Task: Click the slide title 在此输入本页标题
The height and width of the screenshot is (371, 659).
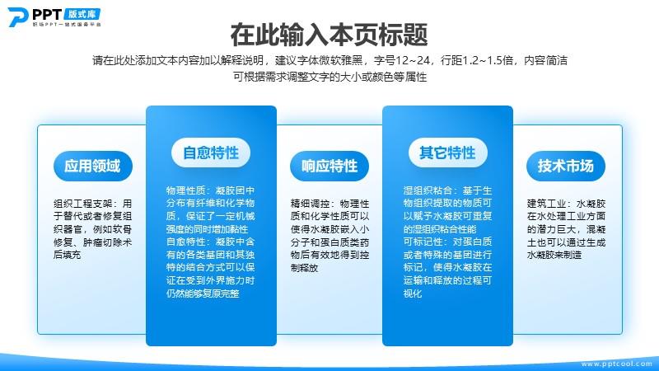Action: click(x=329, y=35)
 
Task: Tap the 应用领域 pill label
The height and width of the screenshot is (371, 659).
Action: click(x=93, y=166)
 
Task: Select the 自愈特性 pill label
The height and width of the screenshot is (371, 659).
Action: click(x=211, y=153)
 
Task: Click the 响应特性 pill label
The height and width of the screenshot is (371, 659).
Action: click(x=329, y=166)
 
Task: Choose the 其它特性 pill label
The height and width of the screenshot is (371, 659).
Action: click(x=448, y=153)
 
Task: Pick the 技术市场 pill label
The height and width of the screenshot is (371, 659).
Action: click(x=566, y=166)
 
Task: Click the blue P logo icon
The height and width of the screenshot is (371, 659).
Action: click(x=18, y=16)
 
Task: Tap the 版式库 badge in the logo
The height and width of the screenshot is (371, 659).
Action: click(x=82, y=14)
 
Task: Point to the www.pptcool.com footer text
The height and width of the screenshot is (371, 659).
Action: click(x=616, y=364)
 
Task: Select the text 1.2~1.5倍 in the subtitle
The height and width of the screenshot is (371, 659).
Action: click(x=488, y=60)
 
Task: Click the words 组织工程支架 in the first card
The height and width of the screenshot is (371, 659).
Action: click(x=83, y=204)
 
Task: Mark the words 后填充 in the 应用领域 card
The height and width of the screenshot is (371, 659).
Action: click(x=68, y=255)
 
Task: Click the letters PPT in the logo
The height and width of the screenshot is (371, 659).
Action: click(x=47, y=15)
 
